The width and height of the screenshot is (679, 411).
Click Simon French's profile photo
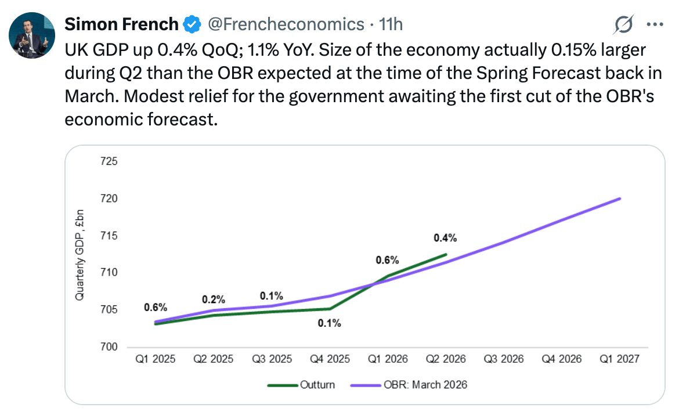coord(31,35)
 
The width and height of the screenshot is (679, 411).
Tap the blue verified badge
coord(192,24)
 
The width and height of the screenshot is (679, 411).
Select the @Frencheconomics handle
coord(286,24)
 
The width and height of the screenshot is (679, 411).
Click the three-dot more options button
coord(655,25)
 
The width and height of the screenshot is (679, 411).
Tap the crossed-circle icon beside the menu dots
coord(623,24)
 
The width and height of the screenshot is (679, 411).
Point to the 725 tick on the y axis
coord(109,161)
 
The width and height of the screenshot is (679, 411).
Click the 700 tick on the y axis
coord(109,347)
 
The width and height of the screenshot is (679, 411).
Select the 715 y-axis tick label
coord(109,236)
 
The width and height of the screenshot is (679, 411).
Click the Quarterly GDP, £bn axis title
coord(80,255)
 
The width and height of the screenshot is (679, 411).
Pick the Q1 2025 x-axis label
coord(156,359)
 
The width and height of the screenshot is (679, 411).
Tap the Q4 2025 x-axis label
coord(330,359)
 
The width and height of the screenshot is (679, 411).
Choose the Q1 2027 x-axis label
coord(620,359)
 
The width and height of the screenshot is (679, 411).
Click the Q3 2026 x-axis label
coord(504,359)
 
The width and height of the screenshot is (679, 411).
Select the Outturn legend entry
coord(301,384)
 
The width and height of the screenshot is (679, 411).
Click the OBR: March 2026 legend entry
coord(409,384)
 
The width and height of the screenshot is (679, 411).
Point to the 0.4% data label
coord(445,238)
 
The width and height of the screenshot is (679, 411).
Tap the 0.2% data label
coord(214,300)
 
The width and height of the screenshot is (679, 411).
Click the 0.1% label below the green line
coord(330,323)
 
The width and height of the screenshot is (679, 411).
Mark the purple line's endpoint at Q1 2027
coord(620,199)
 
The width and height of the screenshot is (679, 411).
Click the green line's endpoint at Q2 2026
coord(446,255)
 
